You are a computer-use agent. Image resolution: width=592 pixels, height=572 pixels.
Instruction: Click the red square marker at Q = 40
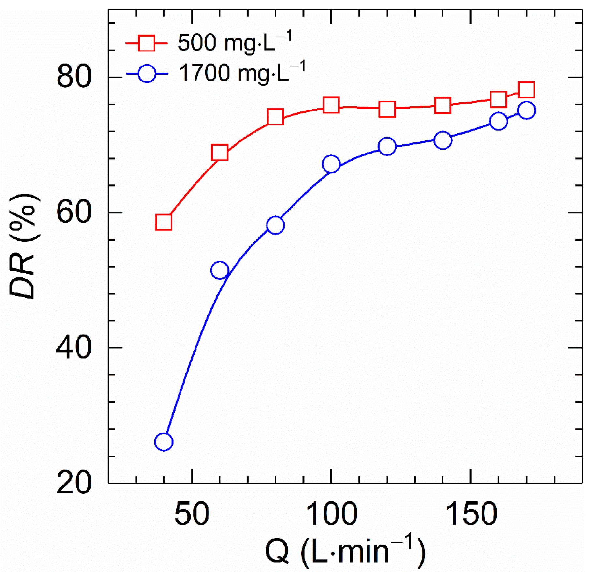[x=164, y=223]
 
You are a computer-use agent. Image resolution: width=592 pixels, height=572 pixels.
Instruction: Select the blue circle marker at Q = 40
[x=164, y=442]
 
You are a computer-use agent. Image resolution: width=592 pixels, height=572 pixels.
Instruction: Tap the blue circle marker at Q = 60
[x=220, y=270]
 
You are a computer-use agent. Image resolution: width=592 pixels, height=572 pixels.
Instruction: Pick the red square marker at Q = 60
[x=220, y=152]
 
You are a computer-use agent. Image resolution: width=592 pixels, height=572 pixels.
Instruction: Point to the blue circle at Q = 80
[x=276, y=225]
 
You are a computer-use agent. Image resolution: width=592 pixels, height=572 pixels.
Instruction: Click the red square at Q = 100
[x=331, y=105]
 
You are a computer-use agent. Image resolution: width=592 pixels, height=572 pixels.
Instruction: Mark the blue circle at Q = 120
[x=387, y=146]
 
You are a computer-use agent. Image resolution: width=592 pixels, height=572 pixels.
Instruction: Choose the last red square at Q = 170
[x=527, y=90]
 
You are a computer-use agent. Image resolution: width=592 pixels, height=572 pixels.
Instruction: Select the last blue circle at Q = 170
[x=527, y=110]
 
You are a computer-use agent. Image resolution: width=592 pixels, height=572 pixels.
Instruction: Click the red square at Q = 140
[x=443, y=105]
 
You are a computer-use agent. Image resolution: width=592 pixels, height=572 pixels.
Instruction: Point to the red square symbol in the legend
[x=147, y=43]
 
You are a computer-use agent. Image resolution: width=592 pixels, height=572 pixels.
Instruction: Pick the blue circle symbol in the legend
[x=147, y=74]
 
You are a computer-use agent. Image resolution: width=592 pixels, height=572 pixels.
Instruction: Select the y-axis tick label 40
[x=74, y=348]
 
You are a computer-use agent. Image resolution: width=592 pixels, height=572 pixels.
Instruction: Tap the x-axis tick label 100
[x=332, y=514]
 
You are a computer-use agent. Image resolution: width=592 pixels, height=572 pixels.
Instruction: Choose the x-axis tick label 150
[x=471, y=514]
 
